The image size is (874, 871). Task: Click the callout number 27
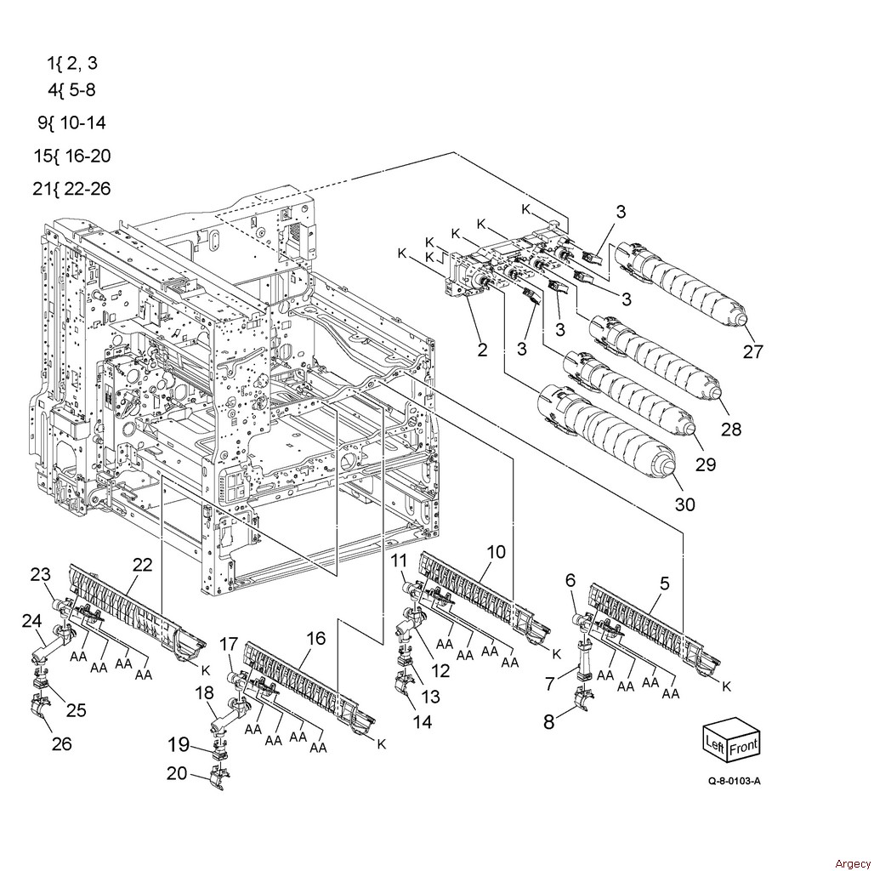coord(752,352)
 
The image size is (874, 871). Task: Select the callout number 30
coord(685,504)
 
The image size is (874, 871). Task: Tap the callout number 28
coord(731,429)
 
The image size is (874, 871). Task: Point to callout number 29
coord(705,464)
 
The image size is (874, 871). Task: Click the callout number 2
coord(482,350)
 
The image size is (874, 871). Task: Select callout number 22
coord(142,565)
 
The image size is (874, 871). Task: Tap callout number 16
coord(315,638)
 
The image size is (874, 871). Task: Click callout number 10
coord(496,552)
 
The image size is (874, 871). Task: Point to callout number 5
coord(664,584)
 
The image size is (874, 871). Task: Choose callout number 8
coord(549,722)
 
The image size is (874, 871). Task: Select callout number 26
coord(62,743)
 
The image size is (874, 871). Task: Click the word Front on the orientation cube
coord(743,747)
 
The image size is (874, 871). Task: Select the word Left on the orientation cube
coord(715,743)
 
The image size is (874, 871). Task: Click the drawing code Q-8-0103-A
coord(734,781)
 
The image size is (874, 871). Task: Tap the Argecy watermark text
coord(852,863)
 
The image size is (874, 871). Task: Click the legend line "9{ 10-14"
coord(71,122)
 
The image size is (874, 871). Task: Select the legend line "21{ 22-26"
coord(71,189)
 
